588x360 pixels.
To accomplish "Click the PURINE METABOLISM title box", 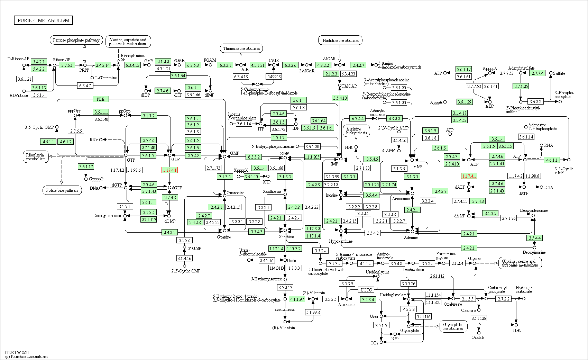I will (x=43, y=20).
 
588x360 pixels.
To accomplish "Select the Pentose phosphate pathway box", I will (x=76, y=40).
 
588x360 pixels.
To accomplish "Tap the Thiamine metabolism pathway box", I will (x=241, y=48).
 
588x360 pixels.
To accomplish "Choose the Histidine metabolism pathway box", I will (x=340, y=40).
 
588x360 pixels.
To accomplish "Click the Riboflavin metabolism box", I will (x=36, y=157).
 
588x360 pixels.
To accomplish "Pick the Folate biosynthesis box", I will (x=62, y=190).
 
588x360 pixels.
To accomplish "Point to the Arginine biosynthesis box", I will (x=356, y=131).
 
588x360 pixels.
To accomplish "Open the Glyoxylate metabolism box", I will (x=453, y=326).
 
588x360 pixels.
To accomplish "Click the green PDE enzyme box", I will (x=100, y=99).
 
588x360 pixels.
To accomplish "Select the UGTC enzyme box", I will (x=366, y=290).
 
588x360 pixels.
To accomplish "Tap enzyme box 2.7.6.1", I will (x=67, y=65).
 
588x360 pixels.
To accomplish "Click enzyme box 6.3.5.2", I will (x=254, y=157).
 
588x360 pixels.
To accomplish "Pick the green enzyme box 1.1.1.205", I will (x=312, y=157).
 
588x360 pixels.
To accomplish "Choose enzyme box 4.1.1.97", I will (x=297, y=299).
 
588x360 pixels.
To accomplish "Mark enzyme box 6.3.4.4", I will (x=357, y=118).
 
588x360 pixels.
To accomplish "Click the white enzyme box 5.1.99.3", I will (x=313, y=312).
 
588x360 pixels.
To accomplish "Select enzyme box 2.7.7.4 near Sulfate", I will (x=538, y=73).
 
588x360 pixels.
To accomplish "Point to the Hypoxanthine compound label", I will (x=341, y=241).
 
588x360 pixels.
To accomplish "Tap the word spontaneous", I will (x=285, y=309).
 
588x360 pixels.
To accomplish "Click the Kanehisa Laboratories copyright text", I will (x=27, y=356).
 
